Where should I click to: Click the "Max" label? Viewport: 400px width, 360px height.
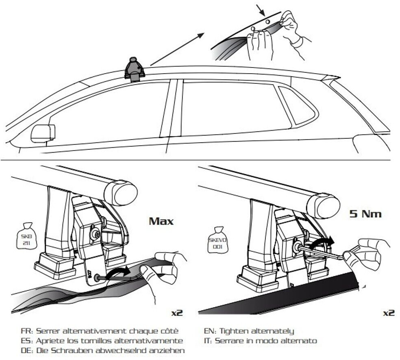pos(161,221)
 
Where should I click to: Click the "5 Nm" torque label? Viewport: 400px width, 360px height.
pos(365,214)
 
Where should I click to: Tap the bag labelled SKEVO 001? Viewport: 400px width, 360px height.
pos(217,240)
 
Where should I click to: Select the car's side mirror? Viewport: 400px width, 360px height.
pos(43,133)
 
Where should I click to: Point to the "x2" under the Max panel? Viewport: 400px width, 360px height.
pos(177,313)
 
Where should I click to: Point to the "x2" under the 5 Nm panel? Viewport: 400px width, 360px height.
pos(389,313)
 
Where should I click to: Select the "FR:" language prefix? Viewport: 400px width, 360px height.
pos(27,331)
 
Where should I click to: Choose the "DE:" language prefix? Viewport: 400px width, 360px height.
pos(27,350)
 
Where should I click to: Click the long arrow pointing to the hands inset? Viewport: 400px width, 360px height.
pos(178,49)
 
